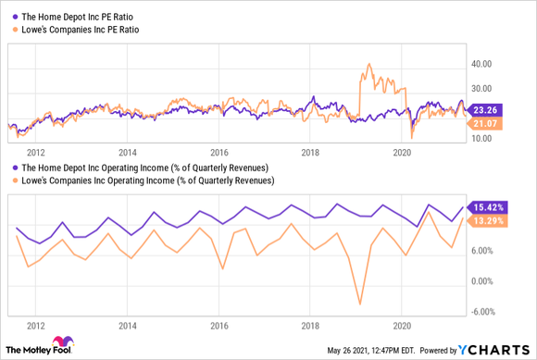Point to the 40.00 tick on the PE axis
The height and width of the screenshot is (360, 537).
click(481, 65)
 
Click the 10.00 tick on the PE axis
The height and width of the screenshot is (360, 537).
click(481, 139)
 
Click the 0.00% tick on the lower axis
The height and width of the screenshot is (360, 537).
click(485, 280)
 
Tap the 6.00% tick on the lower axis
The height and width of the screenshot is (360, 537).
click(485, 250)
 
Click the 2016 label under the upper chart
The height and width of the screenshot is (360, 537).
click(219, 152)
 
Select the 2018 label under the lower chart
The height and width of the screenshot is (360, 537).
click(310, 326)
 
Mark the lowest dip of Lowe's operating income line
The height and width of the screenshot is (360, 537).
click(359, 303)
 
